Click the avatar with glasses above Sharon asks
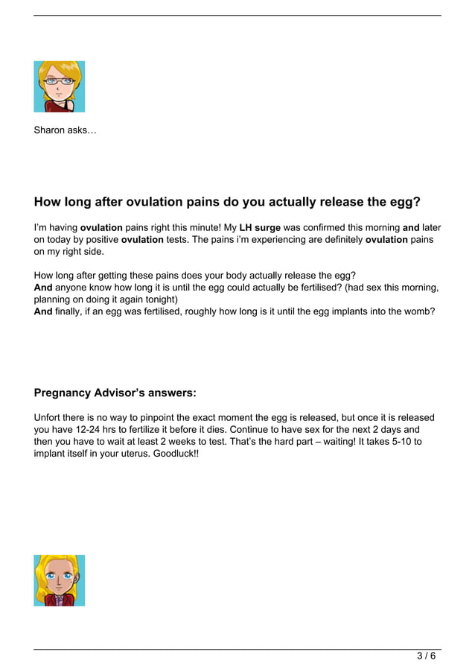point(59,86)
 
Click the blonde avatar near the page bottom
point(59,580)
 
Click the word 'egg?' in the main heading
point(405,202)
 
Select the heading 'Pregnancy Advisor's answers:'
point(115,393)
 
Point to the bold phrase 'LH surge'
point(260,227)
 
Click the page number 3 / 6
point(426,656)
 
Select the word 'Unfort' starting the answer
point(48,418)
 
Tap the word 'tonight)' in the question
point(159,299)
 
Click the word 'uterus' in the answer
point(129,454)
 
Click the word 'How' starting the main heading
point(48,202)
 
